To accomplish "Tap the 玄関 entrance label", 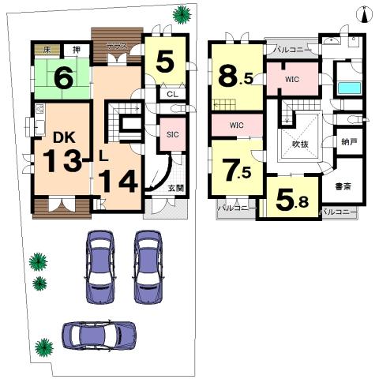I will click(176, 188).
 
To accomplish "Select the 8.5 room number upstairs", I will click(235, 77).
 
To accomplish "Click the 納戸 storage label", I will click(348, 143).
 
